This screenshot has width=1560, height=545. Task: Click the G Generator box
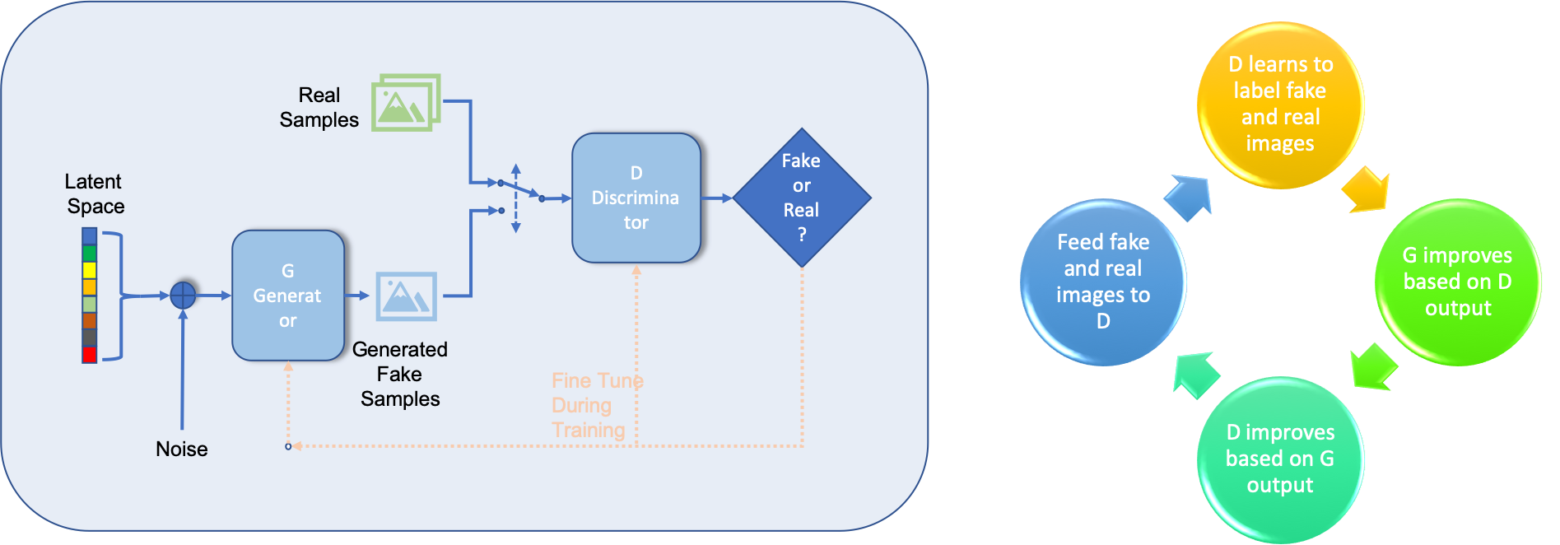[288, 295]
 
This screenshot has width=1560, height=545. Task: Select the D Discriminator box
[636, 198]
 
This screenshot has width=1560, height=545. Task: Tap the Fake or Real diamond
[801, 198]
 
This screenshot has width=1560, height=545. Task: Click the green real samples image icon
[405, 103]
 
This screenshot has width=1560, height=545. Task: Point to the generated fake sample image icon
[406, 296]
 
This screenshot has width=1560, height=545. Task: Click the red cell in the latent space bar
[90, 354]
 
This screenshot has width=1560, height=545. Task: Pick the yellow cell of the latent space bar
[90, 270]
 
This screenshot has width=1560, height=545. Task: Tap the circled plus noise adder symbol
[184, 294]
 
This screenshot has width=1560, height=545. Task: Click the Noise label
[181, 449]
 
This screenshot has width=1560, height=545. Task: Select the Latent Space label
[95, 193]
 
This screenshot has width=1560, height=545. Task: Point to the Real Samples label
[319, 107]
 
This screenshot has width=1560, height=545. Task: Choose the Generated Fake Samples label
[400, 374]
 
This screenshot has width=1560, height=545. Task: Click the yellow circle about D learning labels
[1280, 105]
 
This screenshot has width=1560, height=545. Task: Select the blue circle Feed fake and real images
[1103, 282]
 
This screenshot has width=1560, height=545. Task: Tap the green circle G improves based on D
[1457, 282]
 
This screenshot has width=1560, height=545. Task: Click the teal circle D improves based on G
[1280, 459]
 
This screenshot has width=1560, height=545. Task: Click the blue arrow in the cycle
[1189, 198]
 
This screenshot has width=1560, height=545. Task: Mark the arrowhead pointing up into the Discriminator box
[636, 270]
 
